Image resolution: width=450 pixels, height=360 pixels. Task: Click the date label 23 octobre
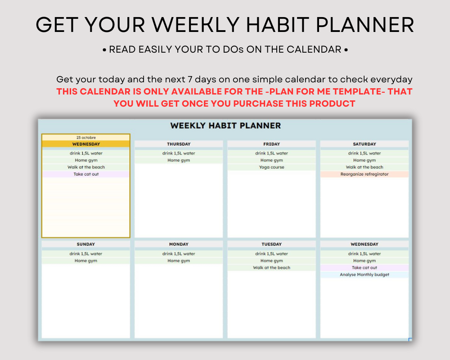coord(86,138)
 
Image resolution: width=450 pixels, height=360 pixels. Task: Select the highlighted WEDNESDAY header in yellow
coord(86,144)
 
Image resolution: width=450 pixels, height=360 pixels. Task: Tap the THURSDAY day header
coord(179,144)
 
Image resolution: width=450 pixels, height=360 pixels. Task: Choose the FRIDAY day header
coord(271,144)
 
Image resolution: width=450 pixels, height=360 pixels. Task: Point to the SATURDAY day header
coord(364,144)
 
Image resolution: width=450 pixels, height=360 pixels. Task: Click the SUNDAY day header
coord(86,244)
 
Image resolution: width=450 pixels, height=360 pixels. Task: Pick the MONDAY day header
coord(179,244)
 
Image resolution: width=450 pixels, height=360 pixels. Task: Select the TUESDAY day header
coord(271,244)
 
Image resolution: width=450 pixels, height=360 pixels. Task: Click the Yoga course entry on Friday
coord(271,167)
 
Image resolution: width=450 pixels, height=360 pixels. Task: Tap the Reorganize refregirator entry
coord(364,174)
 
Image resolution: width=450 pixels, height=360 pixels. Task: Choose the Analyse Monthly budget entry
coord(364,274)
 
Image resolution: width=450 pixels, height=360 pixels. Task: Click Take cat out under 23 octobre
coord(86,174)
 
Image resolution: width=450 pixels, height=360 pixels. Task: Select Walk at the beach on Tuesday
coord(271,268)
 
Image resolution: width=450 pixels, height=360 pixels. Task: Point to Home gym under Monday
coord(179,261)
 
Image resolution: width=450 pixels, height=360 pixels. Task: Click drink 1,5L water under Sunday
coord(86,254)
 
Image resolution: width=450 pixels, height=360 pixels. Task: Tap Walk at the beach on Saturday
coord(364,167)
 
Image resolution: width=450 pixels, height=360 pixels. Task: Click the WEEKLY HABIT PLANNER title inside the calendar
coord(225,126)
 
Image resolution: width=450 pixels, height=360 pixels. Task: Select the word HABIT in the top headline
coord(278,25)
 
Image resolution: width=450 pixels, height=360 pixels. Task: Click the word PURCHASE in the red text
coord(258,103)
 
